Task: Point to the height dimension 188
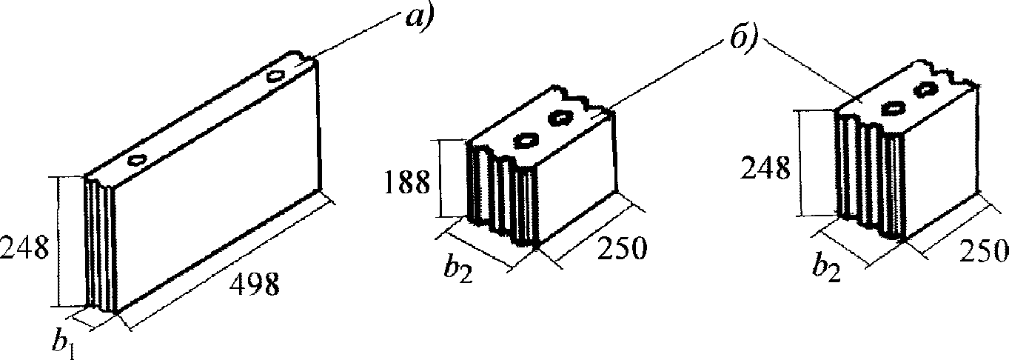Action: [406, 181]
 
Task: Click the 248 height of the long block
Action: [25, 247]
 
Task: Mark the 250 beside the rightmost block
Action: [983, 252]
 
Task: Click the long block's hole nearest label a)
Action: [277, 76]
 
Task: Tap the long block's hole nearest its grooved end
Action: [136, 159]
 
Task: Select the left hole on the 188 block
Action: [527, 139]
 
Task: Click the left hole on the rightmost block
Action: [894, 108]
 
